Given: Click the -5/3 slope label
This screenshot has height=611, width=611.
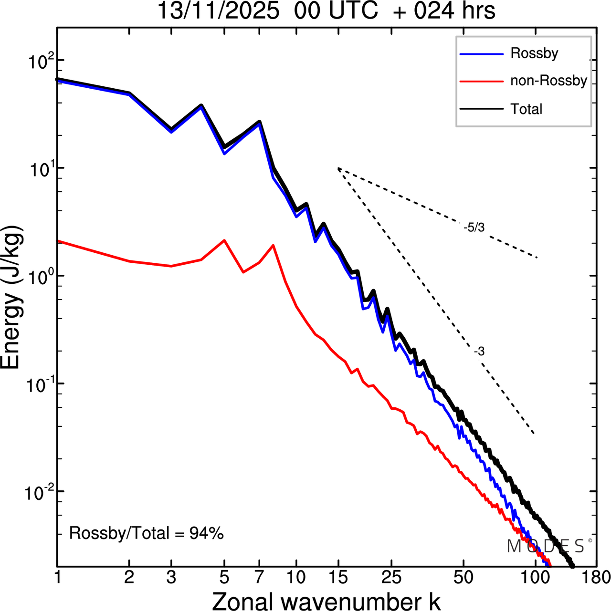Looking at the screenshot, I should click(x=474, y=228).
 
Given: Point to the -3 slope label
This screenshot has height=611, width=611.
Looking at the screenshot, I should click(x=479, y=352).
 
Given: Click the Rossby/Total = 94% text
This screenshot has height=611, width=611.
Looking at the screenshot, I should click(x=146, y=533).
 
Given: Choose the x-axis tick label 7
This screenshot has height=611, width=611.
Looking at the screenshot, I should click(x=260, y=578).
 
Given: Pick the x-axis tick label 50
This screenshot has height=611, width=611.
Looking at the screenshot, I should click(x=463, y=578).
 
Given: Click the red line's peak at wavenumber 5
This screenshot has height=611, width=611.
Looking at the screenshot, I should click(x=224, y=240).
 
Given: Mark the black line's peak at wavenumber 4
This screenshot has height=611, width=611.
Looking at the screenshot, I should click(x=201, y=105).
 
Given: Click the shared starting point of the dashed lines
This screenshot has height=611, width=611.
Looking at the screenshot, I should click(x=338, y=168).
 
